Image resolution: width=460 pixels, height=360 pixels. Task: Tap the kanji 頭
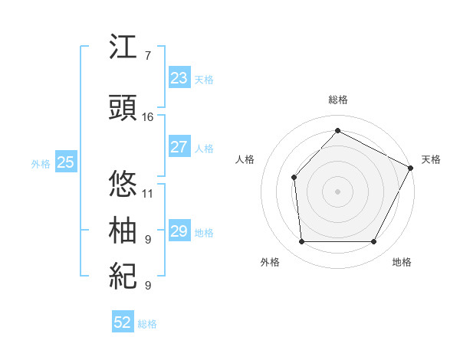123,109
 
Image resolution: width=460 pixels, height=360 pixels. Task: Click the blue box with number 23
179,78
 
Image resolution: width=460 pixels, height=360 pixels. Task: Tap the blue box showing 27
179,147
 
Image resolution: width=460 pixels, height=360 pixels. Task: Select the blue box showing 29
179,231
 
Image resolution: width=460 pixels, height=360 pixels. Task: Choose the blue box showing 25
65,162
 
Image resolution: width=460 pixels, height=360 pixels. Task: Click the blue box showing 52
123,322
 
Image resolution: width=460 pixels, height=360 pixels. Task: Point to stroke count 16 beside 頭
148,117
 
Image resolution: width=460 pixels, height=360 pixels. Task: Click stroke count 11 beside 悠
148,194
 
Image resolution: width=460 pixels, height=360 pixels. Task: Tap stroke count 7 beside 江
148,56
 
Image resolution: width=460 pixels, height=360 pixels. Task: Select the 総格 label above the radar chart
337,100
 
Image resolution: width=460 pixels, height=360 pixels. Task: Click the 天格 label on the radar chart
431,159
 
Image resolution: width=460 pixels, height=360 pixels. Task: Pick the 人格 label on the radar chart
245,159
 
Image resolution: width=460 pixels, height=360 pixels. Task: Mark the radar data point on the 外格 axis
301,242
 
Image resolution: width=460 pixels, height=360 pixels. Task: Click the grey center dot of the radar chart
337,191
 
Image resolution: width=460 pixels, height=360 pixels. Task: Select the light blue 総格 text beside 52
147,324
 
